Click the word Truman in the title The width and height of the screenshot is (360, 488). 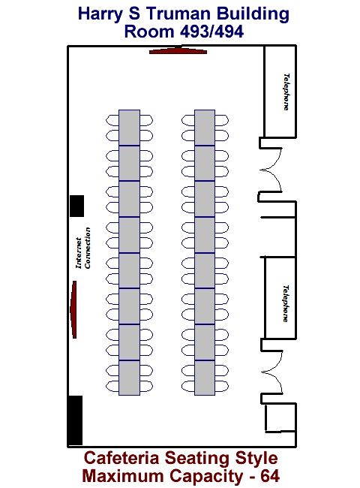178,14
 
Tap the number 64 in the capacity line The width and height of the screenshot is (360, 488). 270,476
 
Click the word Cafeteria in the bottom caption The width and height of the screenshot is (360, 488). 121,458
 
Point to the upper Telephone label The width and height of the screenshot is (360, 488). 286,92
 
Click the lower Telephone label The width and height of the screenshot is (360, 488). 286,303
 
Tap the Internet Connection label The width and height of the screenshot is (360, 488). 83,248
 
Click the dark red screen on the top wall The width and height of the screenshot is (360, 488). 178,51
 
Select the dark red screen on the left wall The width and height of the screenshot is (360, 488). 73,309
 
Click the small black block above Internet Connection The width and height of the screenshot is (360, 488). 76,206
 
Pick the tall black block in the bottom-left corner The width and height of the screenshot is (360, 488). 75,420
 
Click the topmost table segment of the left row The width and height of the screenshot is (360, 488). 129,128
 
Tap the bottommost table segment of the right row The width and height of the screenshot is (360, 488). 205,378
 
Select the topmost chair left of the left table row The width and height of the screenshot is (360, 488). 112,120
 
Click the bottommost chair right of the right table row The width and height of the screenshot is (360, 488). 222,386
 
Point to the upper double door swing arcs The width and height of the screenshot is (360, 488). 271,170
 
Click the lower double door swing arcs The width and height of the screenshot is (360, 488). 272,372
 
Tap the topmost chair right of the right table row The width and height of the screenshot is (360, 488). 222,120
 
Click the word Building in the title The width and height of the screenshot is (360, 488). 253,14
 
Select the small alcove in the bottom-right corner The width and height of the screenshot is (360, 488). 280,417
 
